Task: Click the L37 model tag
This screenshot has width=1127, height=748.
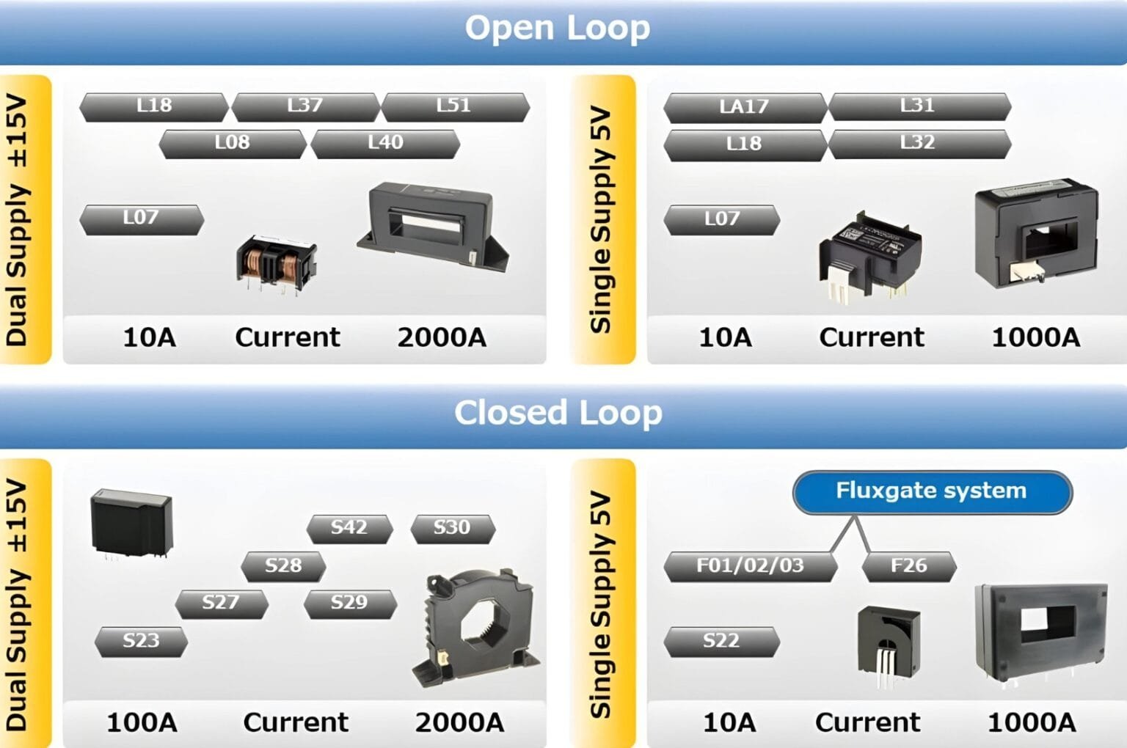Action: click(x=305, y=106)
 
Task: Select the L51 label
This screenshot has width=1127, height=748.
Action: click(x=455, y=106)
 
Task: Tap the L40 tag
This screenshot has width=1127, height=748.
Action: click(x=386, y=143)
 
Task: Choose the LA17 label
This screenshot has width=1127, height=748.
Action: click(x=745, y=108)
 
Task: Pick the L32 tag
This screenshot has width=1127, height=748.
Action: click(x=919, y=143)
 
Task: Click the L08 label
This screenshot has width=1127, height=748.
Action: click(x=233, y=143)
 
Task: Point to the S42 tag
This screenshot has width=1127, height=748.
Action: click(x=349, y=528)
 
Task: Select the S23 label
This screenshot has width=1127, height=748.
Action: click(x=141, y=641)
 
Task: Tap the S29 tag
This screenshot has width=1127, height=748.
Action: click(x=349, y=603)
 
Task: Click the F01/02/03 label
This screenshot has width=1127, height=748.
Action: click(x=750, y=566)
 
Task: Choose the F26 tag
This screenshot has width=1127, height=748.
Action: click(x=908, y=566)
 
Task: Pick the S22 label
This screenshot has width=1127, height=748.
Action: click(x=721, y=641)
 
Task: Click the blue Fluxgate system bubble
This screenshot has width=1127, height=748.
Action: click(x=932, y=491)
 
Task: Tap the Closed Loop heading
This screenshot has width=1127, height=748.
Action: click(x=558, y=413)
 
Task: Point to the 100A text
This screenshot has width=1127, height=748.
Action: click(x=142, y=722)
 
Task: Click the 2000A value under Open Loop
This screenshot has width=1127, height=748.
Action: click(x=442, y=337)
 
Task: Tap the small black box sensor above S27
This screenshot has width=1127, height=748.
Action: click(x=131, y=523)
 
